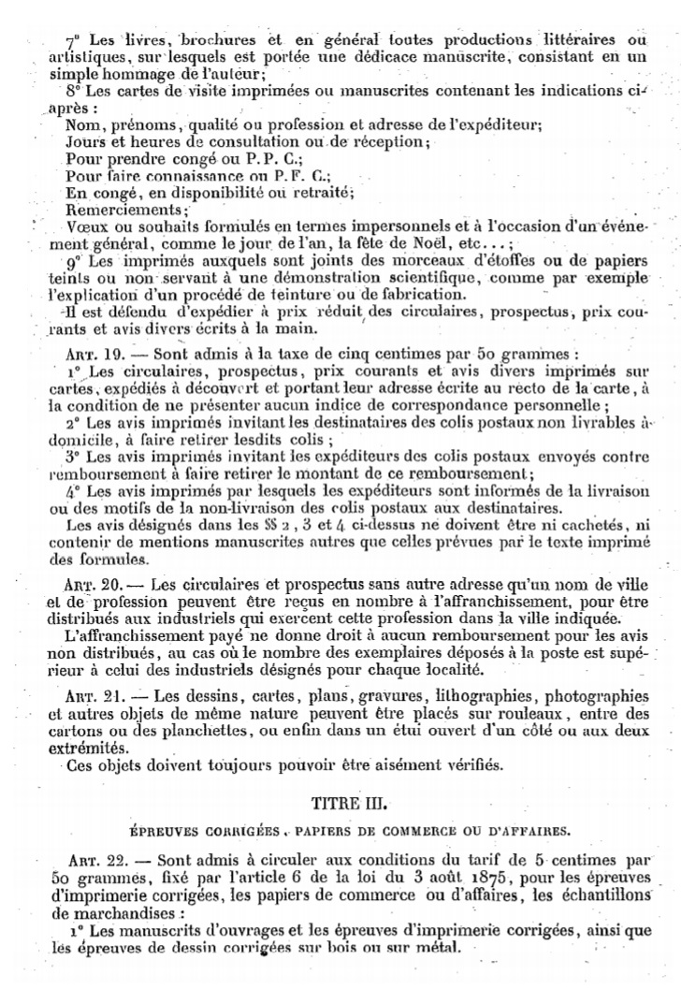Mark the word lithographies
pyautogui.click(x=487, y=696)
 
